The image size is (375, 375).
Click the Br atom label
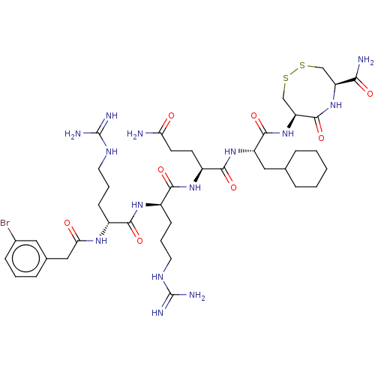coord(5,223)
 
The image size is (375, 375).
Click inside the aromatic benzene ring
coord(26,259)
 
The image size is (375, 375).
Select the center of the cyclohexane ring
coord(306,169)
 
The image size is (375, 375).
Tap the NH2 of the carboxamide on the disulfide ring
coord(366,60)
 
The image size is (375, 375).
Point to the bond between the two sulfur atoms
coord(294,72)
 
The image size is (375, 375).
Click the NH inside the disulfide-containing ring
coord(336,105)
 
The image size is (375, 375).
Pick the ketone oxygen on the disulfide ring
coord(322,138)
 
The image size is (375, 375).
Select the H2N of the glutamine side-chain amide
coord(135,134)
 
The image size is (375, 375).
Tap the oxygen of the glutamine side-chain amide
coord(171,115)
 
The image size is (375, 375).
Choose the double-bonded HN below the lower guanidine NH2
coord(157,313)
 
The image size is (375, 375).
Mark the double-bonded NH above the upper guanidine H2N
coord(112,115)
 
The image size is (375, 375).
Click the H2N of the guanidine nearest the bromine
coord(73,134)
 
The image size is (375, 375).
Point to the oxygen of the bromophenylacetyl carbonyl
coord(67,223)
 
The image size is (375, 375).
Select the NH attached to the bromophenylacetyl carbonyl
coord(101,241)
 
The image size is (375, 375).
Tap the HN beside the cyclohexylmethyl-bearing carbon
coord(230,151)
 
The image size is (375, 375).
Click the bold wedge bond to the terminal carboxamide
coord(346,82)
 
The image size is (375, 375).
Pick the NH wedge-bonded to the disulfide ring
coord(288,133)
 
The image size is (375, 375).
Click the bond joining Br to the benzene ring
coord(12,234)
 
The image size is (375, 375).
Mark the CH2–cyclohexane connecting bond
coord(275,169)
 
